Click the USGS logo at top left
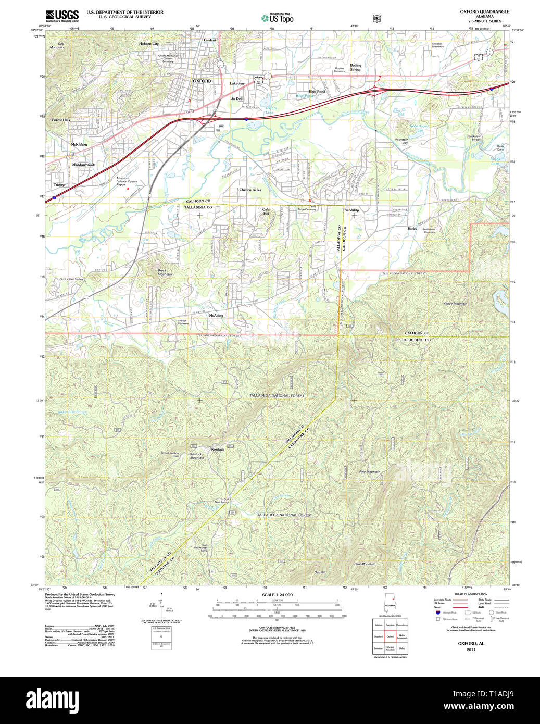[62, 16]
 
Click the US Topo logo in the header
[278, 18]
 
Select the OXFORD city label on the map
[202, 81]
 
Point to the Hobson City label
[148, 44]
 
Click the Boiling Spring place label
[356, 68]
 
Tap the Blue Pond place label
[317, 92]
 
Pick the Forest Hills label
[60, 120]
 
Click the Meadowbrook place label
[83, 165]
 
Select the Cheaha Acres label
[250, 190]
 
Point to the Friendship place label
[350, 210]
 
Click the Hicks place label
[412, 228]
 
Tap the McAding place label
[216, 316]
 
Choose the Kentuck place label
[218, 449]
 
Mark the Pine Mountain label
[370, 472]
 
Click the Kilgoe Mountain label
[455, 303]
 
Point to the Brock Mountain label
[165, 272]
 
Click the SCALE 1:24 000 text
[277, 595]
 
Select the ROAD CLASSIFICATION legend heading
[471, 594]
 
